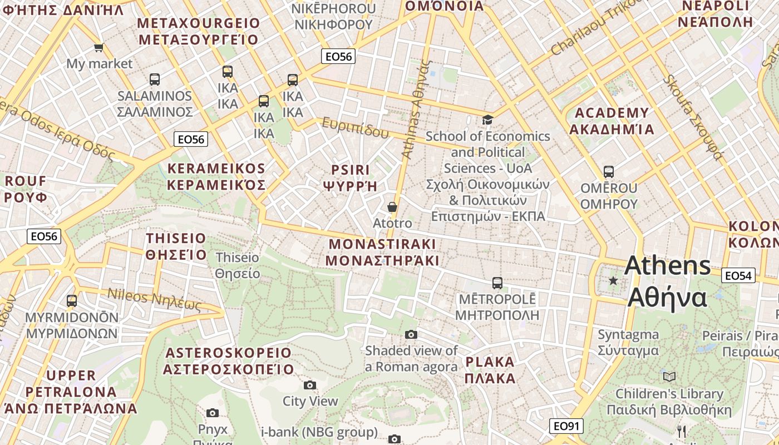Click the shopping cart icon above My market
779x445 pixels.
point(99,48)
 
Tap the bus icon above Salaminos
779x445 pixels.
point(155,80)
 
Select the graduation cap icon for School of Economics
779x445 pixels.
point(487,120)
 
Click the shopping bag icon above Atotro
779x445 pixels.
point(392,207)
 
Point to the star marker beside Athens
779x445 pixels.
point(613,281)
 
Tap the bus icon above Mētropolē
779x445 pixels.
point(497,283)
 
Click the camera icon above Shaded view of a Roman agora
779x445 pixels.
point(411,334)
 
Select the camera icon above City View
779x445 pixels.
point(310,385)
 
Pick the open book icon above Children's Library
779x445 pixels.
point(669,377)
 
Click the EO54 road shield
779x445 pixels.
point(738,275)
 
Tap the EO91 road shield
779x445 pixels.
point(567,426)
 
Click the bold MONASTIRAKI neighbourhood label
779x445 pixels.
point(382,244)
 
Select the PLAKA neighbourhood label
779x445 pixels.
point(490,362)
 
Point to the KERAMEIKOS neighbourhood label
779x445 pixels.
point(216,169)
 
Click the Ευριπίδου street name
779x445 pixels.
point(355,128)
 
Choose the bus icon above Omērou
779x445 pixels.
point(609,172)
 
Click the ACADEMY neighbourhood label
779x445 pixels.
point(612,113)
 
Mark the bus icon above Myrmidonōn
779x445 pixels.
point(72,301)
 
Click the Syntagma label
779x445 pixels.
point(628,335)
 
